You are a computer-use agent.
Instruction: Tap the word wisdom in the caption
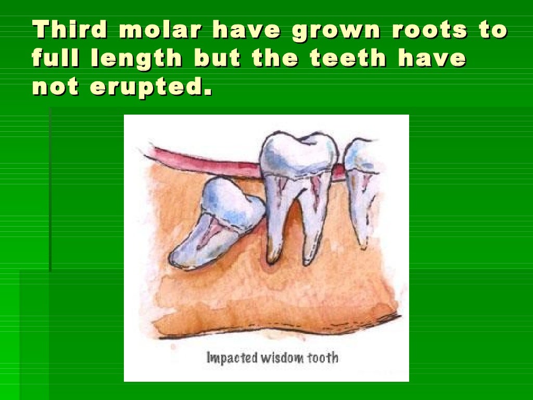pos(281,358)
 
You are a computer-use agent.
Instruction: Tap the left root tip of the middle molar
pos(272,258)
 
